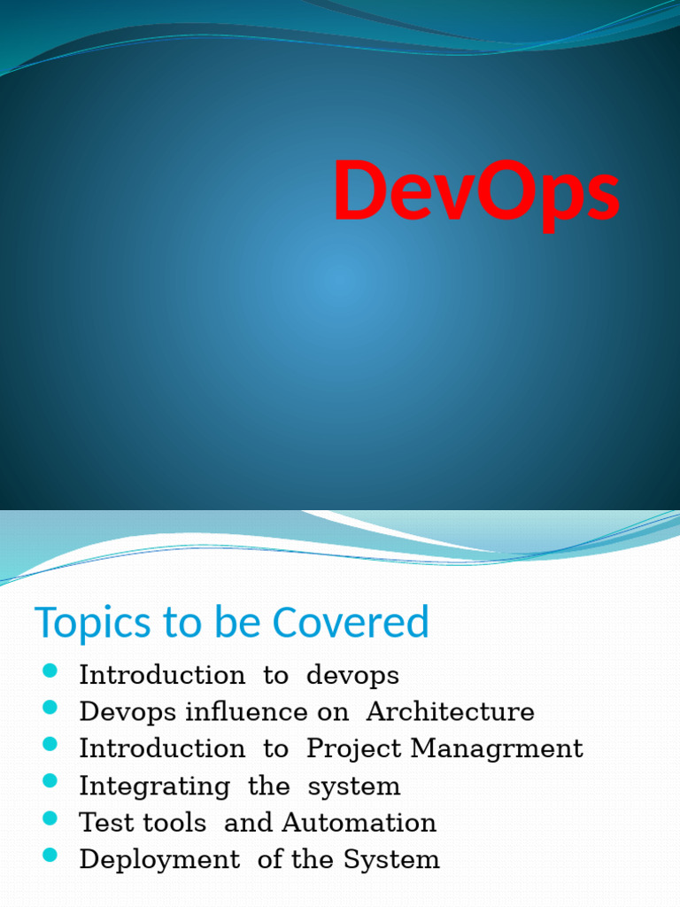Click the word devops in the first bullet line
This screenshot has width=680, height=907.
(x=352, y=676)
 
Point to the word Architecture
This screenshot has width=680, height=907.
(x=450, y=712)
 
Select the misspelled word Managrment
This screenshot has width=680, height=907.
(x=497, y=749)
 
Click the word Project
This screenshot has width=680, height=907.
(x=355, y=749)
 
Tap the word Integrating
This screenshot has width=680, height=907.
(x=154, y=787)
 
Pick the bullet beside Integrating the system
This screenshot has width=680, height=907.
(x=50, y=781)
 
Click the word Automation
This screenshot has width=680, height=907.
(x=359, y=823)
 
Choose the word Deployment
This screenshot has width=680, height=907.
(x=159, y=860)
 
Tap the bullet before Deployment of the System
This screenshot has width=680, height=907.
(x=50, y=855)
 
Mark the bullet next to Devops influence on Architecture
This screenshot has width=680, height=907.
(x=50, y=707)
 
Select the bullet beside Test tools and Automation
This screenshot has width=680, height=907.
(x=50, y=818)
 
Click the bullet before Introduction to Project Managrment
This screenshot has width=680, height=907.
(x=50, y=744)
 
